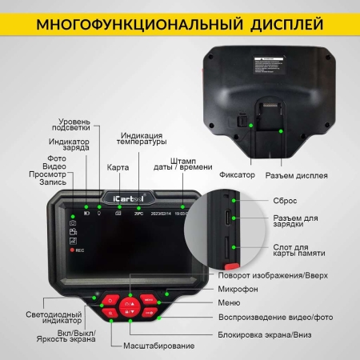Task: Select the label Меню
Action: click(x=229, y=304)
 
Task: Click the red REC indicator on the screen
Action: click(x=78, y=250)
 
